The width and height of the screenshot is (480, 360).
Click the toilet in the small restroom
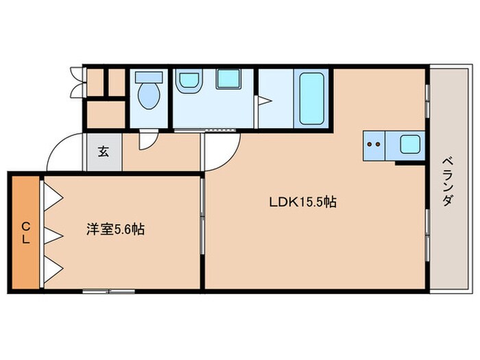(x=147, y=94)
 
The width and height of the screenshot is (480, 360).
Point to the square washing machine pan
(x=227, y=80)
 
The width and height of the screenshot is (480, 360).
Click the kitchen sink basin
(x=409, y=145)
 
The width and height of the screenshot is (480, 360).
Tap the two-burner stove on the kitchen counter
(x=374, y=145)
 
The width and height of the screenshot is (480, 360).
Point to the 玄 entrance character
(x=102, y=151)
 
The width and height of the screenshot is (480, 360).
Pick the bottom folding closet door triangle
(x=53, y=269)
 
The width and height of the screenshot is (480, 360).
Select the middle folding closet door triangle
(x=53, y=235)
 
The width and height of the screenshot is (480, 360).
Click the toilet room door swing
(x=146, y=140)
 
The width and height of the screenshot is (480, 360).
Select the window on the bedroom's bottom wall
(x=108, y=291)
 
